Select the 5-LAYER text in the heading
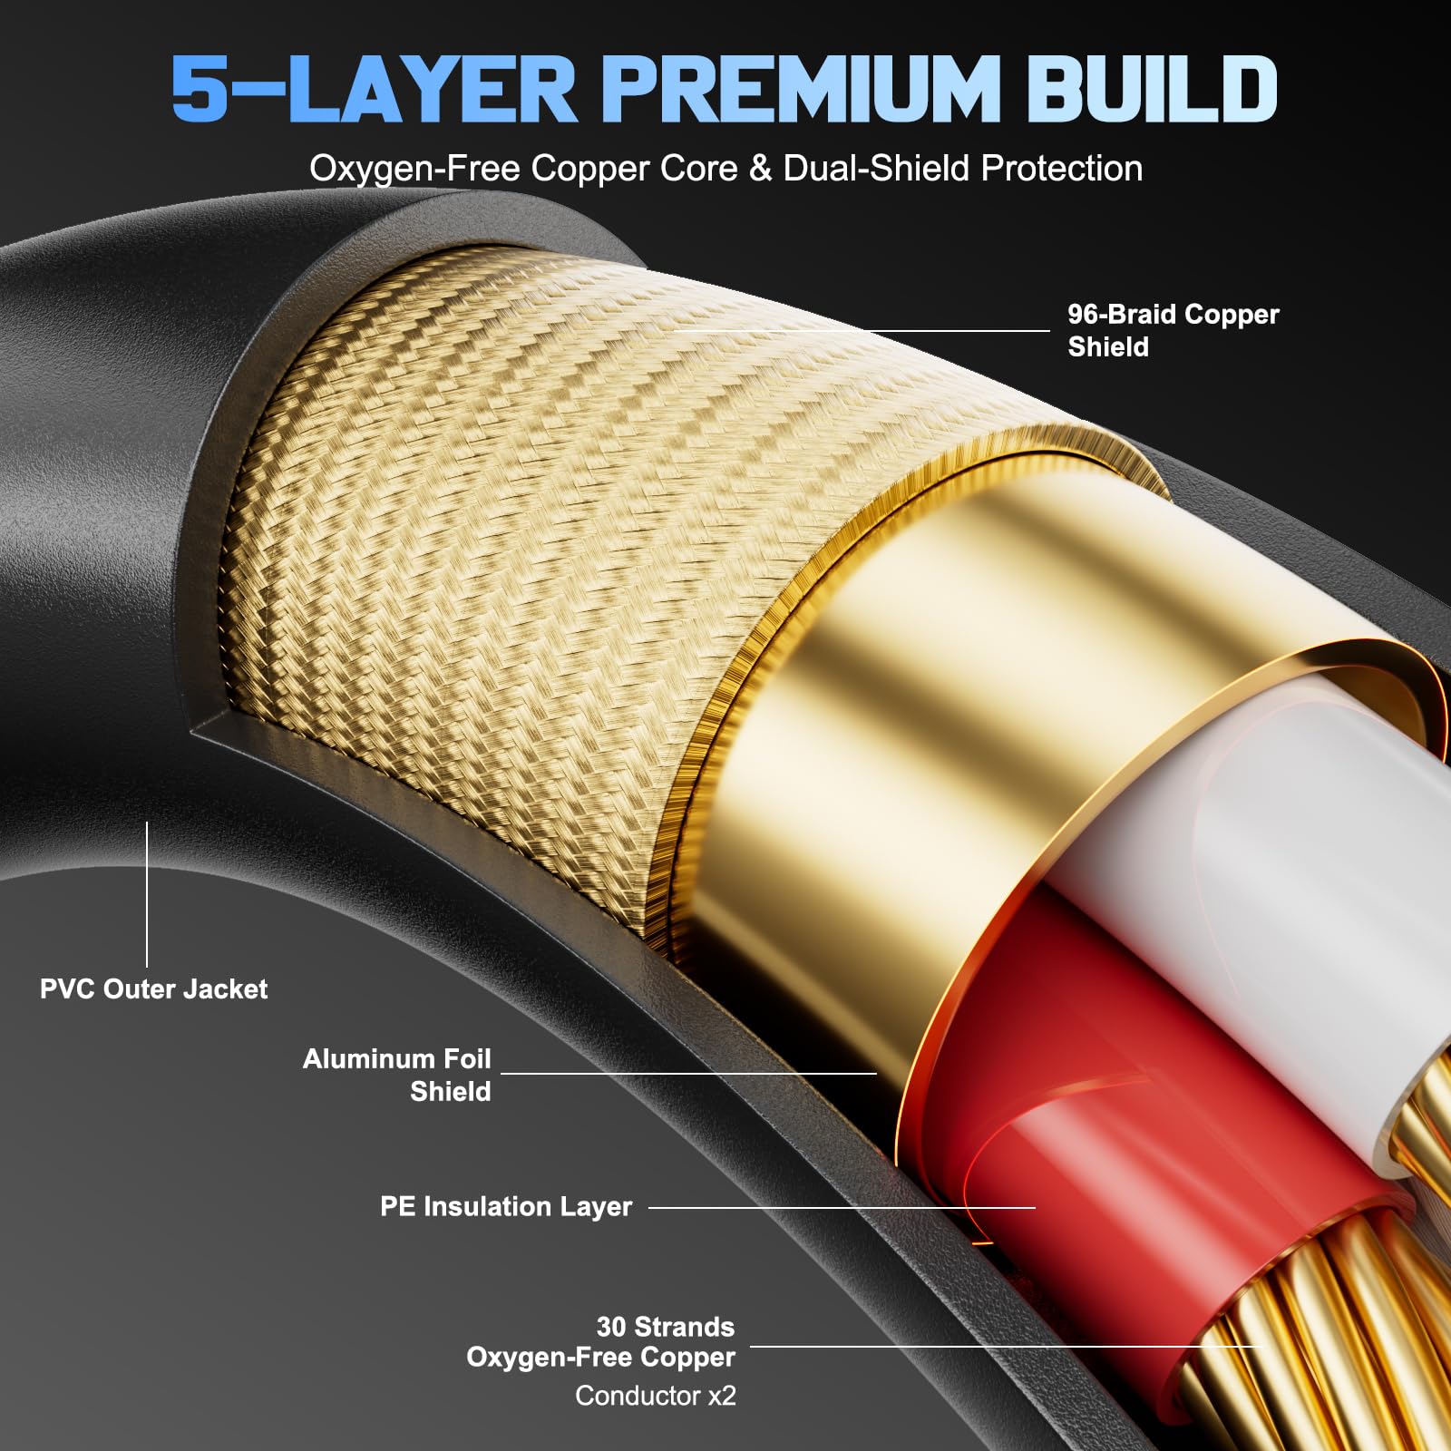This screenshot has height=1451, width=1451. [374, 88]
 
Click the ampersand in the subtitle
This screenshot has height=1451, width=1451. [760, 169]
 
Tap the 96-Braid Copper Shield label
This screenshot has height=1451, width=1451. [1173, 330]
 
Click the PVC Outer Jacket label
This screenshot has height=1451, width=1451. [153, 988]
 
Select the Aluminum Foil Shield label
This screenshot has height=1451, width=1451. [396, 1075]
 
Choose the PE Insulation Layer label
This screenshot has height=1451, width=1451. [506, 1206]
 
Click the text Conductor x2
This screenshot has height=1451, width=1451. [656, 1395]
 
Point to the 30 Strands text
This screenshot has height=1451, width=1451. [666, 1327]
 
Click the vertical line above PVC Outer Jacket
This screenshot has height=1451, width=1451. [147, 894]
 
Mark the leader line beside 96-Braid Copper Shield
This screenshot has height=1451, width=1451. [862, 331]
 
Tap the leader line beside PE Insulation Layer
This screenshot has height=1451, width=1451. [842, 1208]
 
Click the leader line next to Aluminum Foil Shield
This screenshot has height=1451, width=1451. [688, 1074]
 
